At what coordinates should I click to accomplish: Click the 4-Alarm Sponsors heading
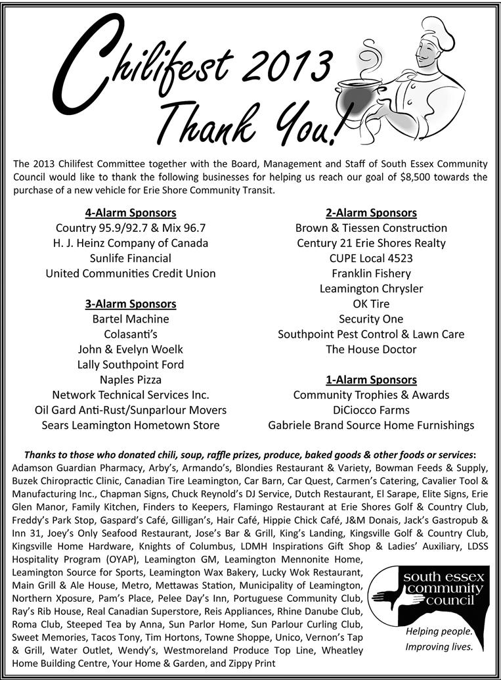click(130, 213)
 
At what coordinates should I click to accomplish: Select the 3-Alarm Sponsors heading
click(130, 304)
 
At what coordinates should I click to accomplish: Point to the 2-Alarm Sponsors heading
click(371, 213)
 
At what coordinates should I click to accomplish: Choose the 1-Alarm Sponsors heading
click(371, 380)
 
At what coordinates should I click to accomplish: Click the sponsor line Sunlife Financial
click(130, 258)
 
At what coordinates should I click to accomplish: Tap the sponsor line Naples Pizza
click(130, 380)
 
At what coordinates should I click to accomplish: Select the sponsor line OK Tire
click(371, 304)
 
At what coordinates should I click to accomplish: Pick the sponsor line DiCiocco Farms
click(371, 410)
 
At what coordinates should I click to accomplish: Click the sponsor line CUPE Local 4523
click(371, 258)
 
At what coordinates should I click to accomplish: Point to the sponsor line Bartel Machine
click(130, 319)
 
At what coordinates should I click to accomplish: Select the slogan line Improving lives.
click(439, 647)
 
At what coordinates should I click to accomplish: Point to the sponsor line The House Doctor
click(371, 350)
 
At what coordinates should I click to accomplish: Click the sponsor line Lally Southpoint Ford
click(130, 365)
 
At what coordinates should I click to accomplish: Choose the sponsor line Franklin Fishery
click(371, 273)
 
